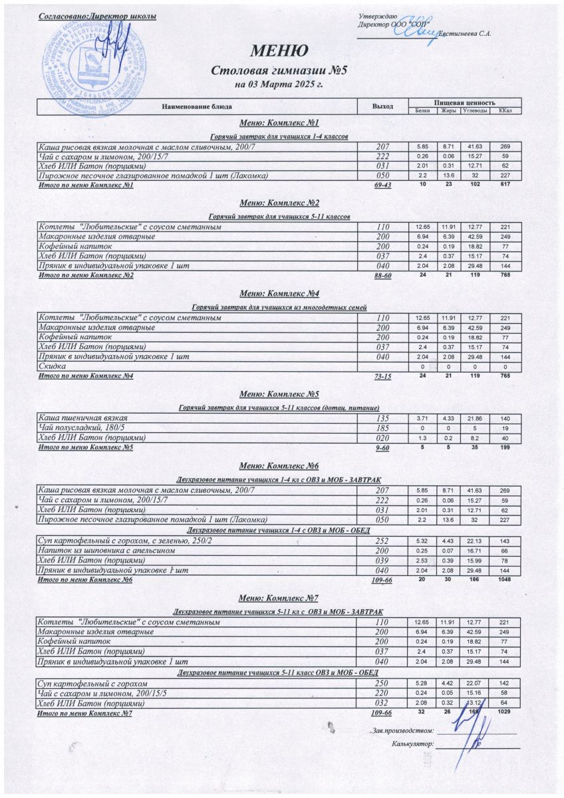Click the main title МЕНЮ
[279, 51]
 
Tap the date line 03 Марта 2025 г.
[279, 84]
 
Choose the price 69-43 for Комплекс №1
[382, 185]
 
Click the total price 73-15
[382, 377]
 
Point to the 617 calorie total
[505, 184]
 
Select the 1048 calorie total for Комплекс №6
[505, 580]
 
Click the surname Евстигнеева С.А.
[466, 34]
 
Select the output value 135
[382, 417]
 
